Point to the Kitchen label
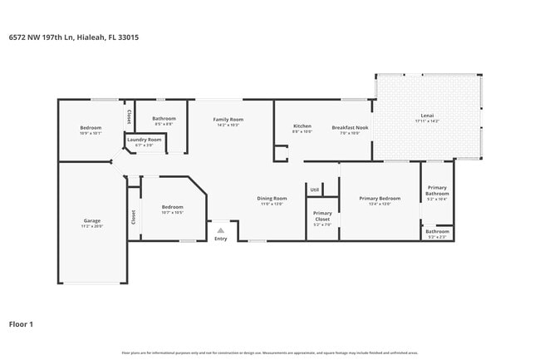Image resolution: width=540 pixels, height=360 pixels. click(x=302, y=126)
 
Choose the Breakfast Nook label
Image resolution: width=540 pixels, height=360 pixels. click(x=350, y=126)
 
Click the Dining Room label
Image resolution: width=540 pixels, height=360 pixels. click(x=272, y=198)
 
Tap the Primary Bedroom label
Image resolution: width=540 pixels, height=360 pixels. click(x=380, y=198)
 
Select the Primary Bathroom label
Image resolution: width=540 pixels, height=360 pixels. click(x=437, y=190)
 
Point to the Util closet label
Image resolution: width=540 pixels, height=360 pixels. click(x=314, y=190)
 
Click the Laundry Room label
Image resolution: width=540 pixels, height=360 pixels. click(x=144, y=139)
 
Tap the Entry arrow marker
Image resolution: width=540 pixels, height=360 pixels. click(x=220, y=230)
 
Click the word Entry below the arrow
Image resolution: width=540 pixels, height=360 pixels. click(x=220, y=239)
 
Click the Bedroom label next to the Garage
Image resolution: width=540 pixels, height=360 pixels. click(x=172, y=206)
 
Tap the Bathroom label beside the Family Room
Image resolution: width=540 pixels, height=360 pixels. click(x=164, y=118)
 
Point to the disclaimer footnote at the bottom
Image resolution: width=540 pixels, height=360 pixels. click(x=270, y=353)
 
